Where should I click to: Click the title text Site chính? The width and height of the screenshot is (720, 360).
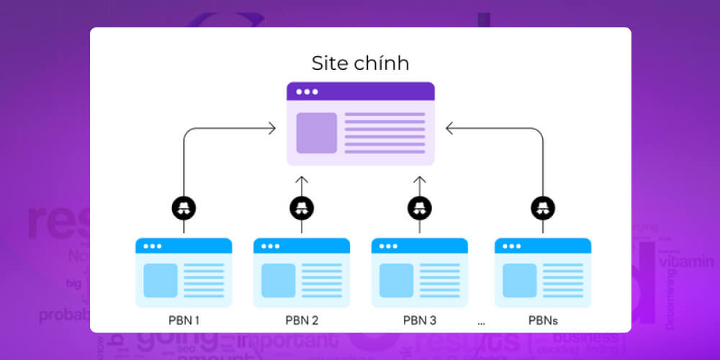tap(360, 63)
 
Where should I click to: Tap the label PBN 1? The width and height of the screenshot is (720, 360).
tap(183, 320)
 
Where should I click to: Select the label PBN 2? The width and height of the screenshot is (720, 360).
tap(301, 320)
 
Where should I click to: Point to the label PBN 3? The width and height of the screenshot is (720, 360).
tap(419, 320)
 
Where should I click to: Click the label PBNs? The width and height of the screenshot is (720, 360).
tap(542, 320)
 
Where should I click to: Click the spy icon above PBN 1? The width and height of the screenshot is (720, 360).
tap(184, 208)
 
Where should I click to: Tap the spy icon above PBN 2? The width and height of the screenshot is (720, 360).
tap(302, 208)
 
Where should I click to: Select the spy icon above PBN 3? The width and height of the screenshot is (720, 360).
tap(420, 208)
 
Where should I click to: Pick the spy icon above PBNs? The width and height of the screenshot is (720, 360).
tap(543, 208)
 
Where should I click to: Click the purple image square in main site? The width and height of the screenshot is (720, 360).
tap(316, 132)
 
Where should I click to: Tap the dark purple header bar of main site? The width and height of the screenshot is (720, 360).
tap(360, 91)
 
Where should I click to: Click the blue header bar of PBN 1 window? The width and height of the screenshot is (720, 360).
tap(184, 246)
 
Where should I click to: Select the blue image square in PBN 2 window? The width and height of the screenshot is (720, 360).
tap(278, 280)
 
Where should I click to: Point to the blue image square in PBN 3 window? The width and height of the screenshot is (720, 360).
tap(396, 280)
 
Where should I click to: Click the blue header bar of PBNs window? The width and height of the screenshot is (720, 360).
tap(543, 246)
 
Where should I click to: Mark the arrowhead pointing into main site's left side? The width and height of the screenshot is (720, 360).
tap(271, 128)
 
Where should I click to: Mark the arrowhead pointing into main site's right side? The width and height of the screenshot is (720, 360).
tap(449, 128)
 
